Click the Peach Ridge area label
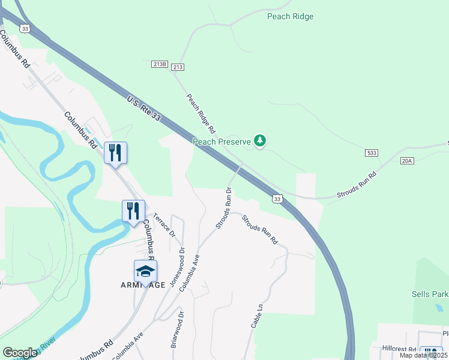click(291, 16)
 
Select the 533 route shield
click(372, 154)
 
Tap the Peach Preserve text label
click(221, 142)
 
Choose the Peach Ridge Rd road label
click(200, 113)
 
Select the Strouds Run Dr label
click(223, 208)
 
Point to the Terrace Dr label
click(163, 224)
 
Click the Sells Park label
click(429, 295)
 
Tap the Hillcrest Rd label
click(399, 349)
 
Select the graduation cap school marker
click(145, 272)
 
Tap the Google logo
click(20, 352)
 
